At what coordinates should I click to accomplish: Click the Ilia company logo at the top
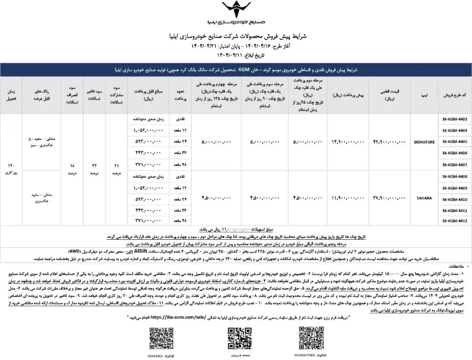coord(234,13)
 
